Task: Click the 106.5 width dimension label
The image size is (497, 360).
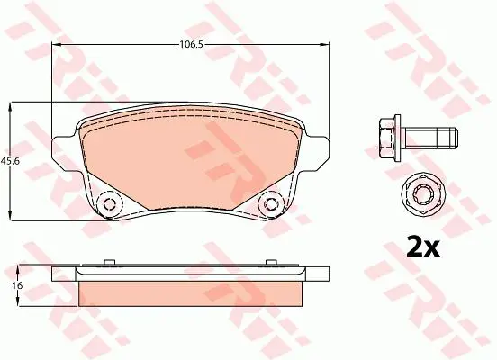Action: coord(191,44)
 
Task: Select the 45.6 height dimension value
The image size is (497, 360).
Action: coord(10,161)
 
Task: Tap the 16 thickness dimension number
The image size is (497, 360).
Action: coord(17,285)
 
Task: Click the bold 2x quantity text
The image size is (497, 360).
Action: coord(423,246)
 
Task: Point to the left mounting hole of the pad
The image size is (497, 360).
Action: coord(109,203)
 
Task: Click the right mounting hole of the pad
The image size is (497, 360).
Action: coord(271,203)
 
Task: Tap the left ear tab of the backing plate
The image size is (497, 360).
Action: coord(64,153)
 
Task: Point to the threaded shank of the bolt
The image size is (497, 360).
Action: coord(430,138)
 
